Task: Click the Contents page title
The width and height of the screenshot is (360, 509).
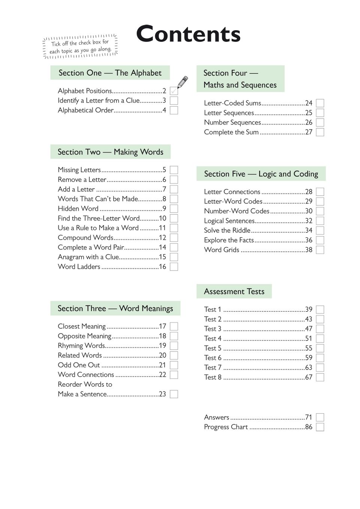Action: point(188,34)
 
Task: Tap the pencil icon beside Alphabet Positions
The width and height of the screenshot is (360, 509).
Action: point(182,82)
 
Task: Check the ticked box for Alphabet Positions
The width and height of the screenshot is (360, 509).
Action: point(174,91)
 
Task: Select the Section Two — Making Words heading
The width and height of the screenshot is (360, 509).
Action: point(110,152)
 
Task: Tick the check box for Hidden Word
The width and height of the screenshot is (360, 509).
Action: point(174,209)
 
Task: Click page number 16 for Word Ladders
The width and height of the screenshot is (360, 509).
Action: point(162,267)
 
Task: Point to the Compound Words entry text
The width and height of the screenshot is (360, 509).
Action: point(85,238)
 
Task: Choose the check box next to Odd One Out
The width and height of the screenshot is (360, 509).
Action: point(174,365)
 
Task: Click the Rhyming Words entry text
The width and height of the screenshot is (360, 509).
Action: point(81,346)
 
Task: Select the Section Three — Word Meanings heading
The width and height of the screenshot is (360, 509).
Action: point(115,308)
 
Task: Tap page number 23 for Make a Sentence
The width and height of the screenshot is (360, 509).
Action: point(162,394)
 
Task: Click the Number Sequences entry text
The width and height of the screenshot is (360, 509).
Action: point(232,122)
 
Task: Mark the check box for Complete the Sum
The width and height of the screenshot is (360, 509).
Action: point(320,132)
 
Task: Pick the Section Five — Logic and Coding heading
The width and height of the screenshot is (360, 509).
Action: point(261,174)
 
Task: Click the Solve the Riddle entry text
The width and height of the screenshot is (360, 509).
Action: point(227,231)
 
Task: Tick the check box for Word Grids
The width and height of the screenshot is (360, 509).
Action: point(320,250)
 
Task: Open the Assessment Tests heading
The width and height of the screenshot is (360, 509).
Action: point(234,292)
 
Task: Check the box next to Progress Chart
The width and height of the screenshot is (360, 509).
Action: point(320,427)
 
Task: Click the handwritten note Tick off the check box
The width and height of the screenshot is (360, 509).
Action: point(81,47)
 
